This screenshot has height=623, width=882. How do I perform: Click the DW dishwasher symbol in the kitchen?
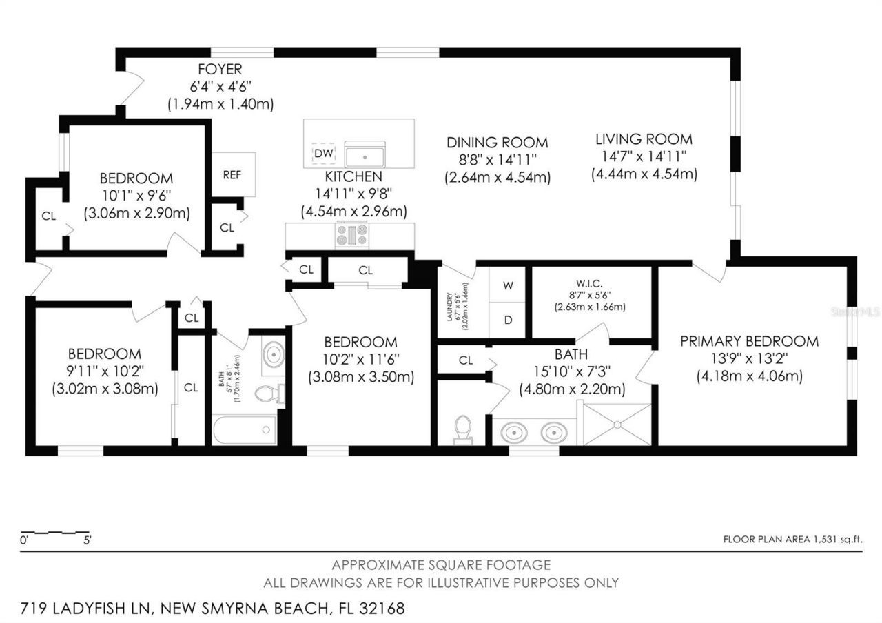[x=324, y=153]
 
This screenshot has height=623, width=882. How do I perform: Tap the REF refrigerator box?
[x=233, y=174]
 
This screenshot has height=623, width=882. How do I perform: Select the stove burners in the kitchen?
[x=351, y=236]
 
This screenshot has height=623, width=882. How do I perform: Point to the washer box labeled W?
[x=508, y=285]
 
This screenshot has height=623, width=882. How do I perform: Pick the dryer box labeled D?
[x=508, y=320]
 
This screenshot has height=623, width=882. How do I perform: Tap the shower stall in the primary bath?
[x=617, y=424]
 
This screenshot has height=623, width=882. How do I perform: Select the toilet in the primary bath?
[x=463, y=429]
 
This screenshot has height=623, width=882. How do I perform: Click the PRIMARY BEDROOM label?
[x=749, y=341]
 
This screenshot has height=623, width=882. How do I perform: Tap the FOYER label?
[x=220, y=70]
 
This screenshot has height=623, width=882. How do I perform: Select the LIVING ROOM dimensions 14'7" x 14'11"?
[x=644, y=156]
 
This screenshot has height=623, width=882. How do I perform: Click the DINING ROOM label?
[x=497, y=143]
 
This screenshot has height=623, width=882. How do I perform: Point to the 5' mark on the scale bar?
[x=87, y=541]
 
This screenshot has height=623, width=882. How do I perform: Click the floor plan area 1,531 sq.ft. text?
[x=792, y=540]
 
